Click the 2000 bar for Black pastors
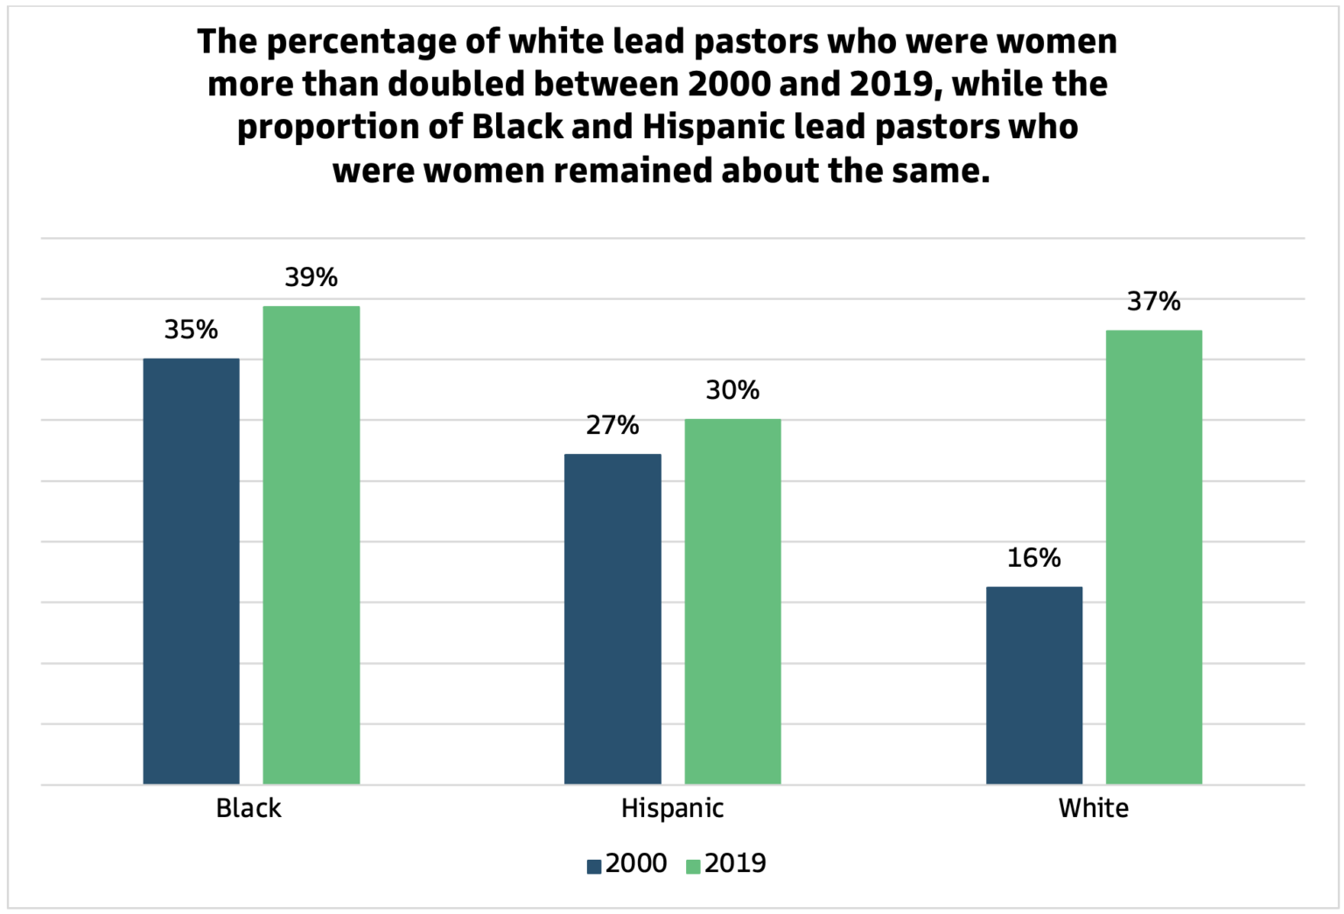point(191,570)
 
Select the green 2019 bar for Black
point(311,544)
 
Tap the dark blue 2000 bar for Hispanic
point(612,618)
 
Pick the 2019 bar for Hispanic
point(732,601)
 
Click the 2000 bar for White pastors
point(1033,685)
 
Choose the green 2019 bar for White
point(1153,556)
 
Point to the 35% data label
point(191,330)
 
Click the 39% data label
point(311,277)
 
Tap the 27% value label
point(612,425)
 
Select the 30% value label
point(732,390)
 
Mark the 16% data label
point(1033,558)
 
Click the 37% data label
point(1153,302)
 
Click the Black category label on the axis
point(248,808)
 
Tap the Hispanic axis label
point(672,808)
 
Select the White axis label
point(1093,808)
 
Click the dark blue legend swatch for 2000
point(594,866)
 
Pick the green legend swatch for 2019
point(693,866)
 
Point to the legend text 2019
point(735,863)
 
